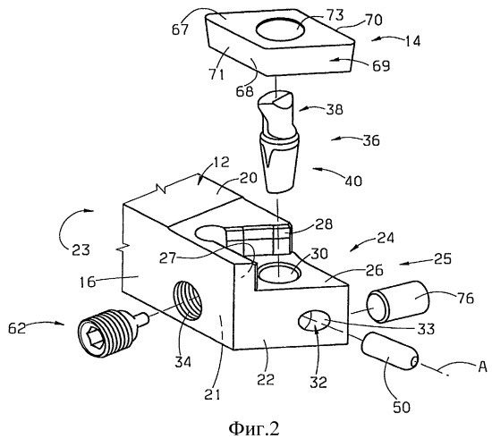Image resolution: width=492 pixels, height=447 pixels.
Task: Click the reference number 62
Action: pyautogui.click(x=17, y=328)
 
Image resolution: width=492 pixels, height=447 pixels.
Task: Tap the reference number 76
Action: pyautogui.click(x=465, y=299)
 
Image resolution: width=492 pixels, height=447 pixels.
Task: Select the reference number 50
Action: pyautogui.click(x=402, y=407)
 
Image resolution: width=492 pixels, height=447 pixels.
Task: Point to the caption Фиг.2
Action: pyautogui.click(x=253, y=429)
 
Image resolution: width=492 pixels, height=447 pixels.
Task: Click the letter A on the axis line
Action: pyautogui.click(x=482, y=366)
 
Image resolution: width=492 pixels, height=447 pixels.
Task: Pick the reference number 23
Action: pyautogui.click(x=81, y=250)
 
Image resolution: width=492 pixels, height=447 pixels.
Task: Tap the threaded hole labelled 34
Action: pyautogui.click(x=188, y=300)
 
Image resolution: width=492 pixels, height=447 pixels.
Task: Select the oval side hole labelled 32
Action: pyautogui.click(x=314, y=321)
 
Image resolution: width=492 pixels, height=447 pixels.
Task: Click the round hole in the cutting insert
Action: pyautogui.click(x=280, y=30)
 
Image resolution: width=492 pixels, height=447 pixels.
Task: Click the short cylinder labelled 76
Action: pyautogui.click(x=398, y=302)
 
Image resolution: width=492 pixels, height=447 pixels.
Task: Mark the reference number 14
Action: pyautogui.click(x=412, y=41)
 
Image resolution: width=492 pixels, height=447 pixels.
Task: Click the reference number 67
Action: pyautogui.click(x=180, y=30)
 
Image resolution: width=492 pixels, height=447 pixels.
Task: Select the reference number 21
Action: pyautogui.click(x=212, y=394)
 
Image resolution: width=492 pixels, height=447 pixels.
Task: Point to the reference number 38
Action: pyautogui.click(x=335, y=109)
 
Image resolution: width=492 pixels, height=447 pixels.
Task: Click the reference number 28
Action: pyautogui.click(x=324, y=224)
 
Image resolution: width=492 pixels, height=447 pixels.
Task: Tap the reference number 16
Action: pyautogui.click(x=88, y=282)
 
